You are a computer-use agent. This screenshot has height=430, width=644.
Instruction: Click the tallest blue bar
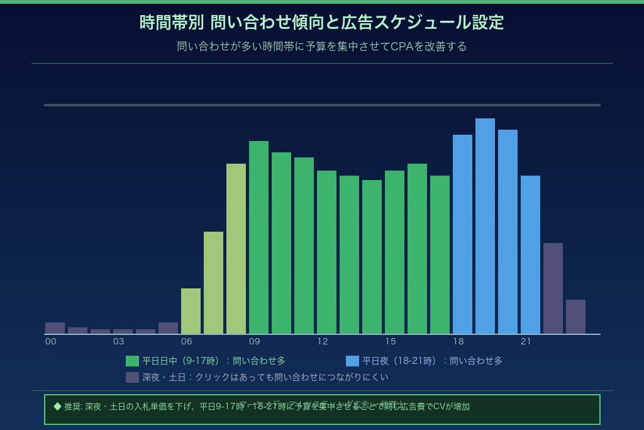485,226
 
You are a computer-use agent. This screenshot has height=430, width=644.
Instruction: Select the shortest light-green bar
191,311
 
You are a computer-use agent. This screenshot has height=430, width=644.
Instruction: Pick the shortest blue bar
530,254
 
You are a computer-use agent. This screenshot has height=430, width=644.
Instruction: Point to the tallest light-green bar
236,249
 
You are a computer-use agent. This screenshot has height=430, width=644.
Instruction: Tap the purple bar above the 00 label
55,328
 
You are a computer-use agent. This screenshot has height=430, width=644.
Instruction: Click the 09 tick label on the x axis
254,342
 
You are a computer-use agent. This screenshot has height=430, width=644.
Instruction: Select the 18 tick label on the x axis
458,342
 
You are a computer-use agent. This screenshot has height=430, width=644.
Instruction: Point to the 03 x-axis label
118,342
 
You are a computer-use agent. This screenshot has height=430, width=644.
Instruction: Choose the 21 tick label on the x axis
526,342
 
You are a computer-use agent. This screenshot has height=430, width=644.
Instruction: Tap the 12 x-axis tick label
322,342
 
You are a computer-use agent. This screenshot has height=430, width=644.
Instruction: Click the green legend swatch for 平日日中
132,361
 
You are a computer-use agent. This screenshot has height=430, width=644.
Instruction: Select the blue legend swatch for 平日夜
352,361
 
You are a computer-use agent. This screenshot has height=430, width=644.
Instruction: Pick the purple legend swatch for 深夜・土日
132,377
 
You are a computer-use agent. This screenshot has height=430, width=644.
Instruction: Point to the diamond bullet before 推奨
57,406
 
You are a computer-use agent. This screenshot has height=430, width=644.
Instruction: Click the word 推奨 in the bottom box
72,407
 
